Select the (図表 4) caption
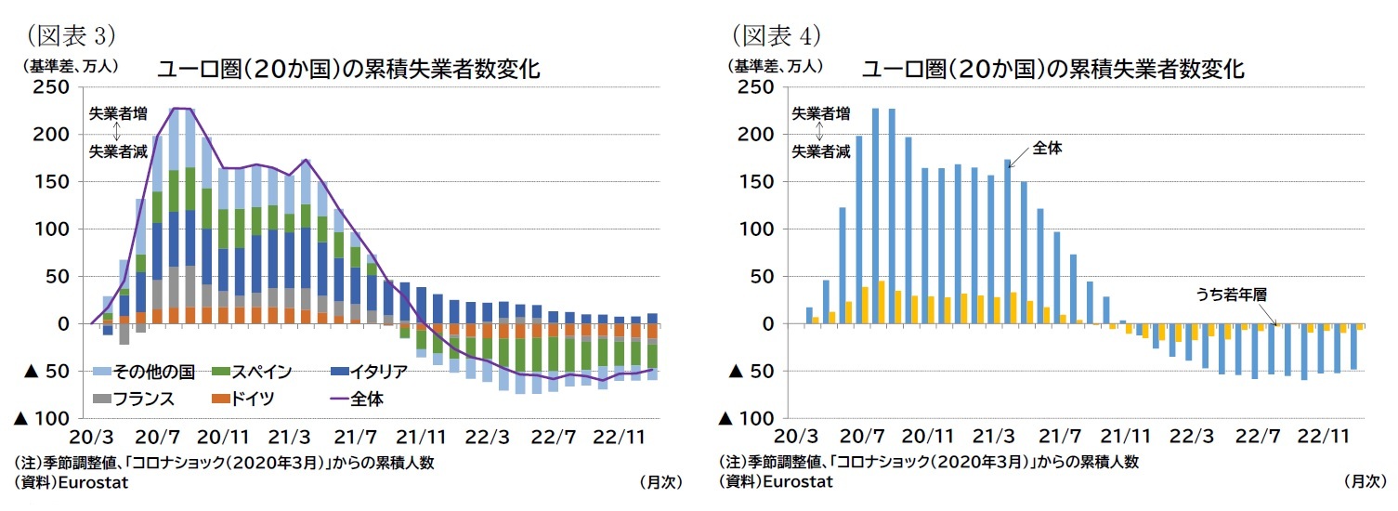click(x=770, y=35)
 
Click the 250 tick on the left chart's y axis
click(x=52, y=87)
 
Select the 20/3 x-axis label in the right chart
click(x=795, y=437)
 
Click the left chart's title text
click(x=347, y=70)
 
